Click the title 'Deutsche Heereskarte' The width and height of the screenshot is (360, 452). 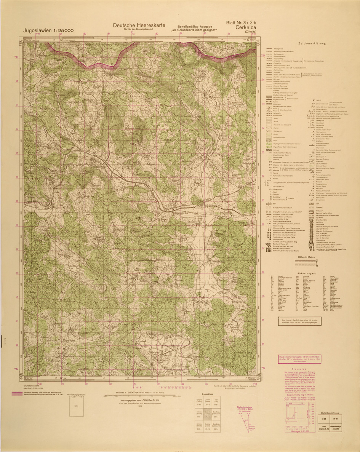tap(139, 25)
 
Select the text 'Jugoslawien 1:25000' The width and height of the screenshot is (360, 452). tap(48, 30)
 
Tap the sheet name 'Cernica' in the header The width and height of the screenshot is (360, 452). tap(248, 27)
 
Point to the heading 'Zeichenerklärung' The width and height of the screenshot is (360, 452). tap(312, 43)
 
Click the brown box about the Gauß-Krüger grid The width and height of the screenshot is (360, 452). tap(299, 322)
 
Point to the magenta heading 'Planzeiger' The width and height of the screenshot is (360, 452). tap(300, 369)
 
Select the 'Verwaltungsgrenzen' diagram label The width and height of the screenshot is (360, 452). tap(78, 395)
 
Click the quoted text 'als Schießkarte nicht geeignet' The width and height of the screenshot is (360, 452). tap(194, 30)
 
